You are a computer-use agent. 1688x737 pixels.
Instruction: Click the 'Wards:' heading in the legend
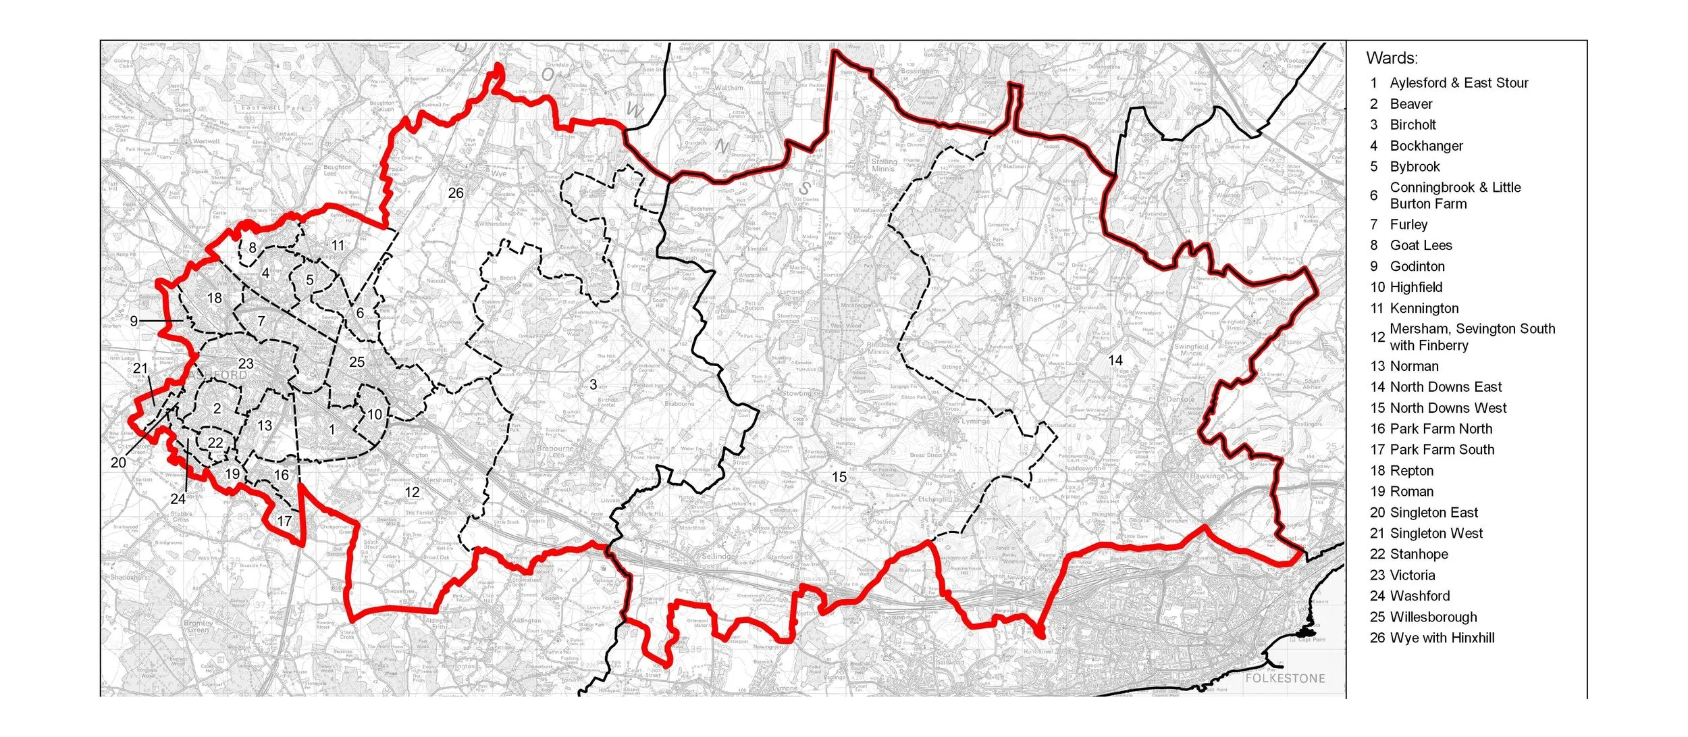point(1392,58)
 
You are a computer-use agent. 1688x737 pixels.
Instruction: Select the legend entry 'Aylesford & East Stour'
point(1458,82)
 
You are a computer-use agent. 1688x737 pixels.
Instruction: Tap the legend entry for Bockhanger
point(1426,146)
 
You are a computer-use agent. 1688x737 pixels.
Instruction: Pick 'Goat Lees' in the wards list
point(1421,245)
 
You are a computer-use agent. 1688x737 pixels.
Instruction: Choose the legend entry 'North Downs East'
point(1446,387)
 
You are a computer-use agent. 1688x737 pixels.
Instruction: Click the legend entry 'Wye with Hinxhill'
point(1442,638)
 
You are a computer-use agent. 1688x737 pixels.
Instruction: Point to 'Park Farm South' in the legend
point(1442,450)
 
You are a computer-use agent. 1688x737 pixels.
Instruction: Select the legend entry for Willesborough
point(1433,617)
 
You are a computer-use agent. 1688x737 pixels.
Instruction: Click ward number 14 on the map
point(1115,361)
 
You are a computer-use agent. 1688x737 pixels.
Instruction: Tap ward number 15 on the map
point(839,478)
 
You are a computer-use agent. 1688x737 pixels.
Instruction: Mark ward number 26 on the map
point(456,193)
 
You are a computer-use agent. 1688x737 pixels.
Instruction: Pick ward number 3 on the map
point(593,384)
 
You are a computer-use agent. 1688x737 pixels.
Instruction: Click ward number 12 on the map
point(412,492)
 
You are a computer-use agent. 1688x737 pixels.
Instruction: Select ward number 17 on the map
point(284,522)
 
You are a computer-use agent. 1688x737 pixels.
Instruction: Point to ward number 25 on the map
point(357,362)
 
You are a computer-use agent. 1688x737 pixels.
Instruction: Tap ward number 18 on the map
point(214,298)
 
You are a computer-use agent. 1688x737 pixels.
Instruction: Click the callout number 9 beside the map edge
point(134,321)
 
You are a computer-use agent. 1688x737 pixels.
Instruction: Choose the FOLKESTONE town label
point(1285,678)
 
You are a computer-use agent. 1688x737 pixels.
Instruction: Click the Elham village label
point(1032,299)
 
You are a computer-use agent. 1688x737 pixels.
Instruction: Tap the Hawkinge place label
point(1207,476)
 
